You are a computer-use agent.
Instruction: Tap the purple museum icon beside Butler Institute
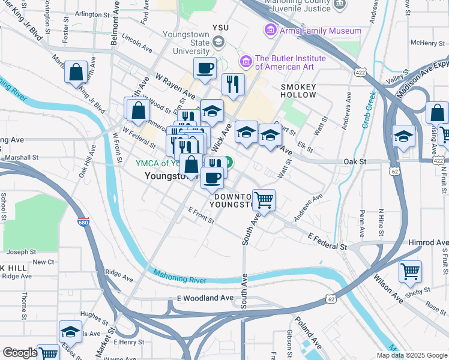pyautogui.click(x=245, y=61)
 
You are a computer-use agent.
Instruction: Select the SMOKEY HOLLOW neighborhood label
pyautogui.click(x=298, y=91)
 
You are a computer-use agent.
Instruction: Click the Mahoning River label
pyautogui.click(x=179, y=277)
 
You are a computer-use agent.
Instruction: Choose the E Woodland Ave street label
pyautogui.click(x=205, y=298)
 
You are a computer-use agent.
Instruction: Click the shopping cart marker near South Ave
pyautogui.click(x=264, y=201)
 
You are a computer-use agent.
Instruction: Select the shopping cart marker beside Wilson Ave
pyautogui.click(x=410, y=272)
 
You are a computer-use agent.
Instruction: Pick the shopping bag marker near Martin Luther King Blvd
pyautogui.click(x=77, y=73)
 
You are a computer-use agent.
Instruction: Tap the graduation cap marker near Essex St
pyautogui.click(x=70, y=332)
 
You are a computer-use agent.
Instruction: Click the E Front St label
pyautogui.click(x=201, y=216)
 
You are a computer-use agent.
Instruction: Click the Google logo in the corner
pyautogui.click(x=19, y=353)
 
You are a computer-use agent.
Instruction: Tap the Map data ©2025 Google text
pyautogui.click(x=412, y=355)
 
